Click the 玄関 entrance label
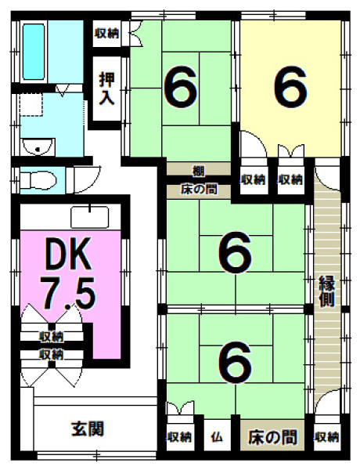(88, 428)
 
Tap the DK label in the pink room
(67, 254)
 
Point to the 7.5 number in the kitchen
(68, 293)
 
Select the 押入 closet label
(107, 89)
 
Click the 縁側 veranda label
(326, 291)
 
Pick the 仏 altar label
(217, 438)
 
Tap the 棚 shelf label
(198, 171)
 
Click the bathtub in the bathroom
(34, 52)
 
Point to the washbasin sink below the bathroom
(38, 147)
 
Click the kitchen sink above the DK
(89, 217)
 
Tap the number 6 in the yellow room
(290, 87)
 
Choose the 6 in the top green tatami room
(181, 87)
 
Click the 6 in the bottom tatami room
(235, 362)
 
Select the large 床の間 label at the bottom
(272, 437)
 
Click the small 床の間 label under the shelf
(199, 190)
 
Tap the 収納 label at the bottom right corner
(326, 438)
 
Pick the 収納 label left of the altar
(179, 438)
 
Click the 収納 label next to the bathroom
(107, 33)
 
